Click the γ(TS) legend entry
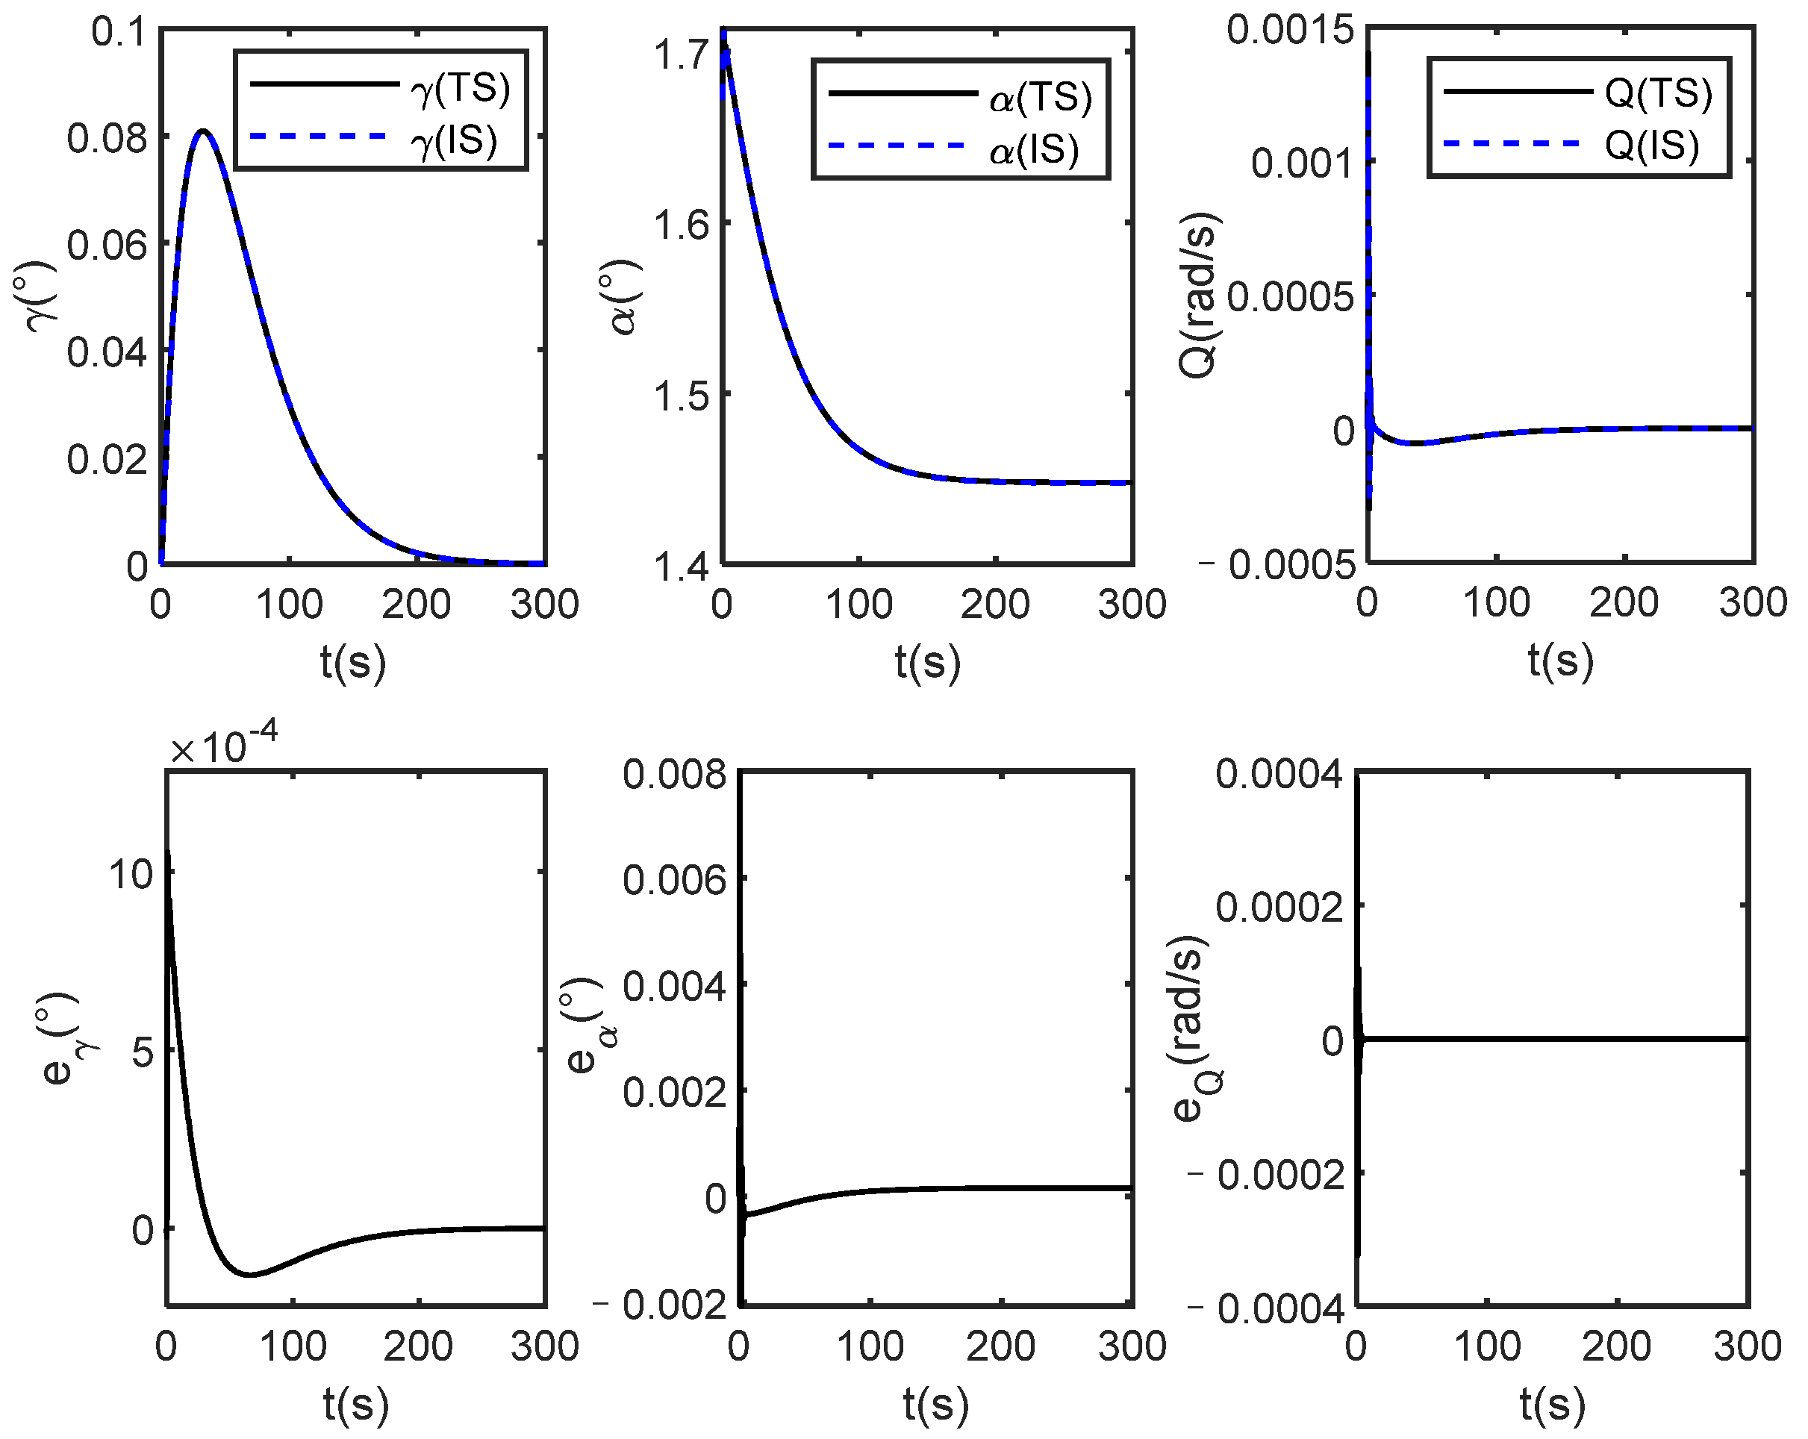click(x=379, y=87)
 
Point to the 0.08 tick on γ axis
click(x=107, y=138)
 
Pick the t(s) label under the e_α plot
click(x=935, y=1402)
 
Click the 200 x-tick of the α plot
click(x=994, y=604)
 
